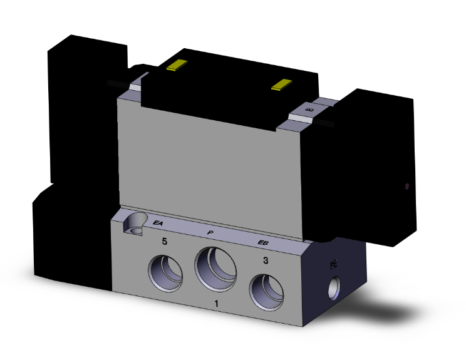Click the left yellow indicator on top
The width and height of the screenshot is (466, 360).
click(177, 65)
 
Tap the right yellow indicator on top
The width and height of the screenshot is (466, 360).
click(283, 85)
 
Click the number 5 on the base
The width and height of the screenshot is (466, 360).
click(164, 241)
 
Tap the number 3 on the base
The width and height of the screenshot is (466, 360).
click(266, 260)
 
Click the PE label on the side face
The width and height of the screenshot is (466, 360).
click(334, 265)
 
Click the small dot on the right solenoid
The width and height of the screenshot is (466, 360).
click(408, 186)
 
